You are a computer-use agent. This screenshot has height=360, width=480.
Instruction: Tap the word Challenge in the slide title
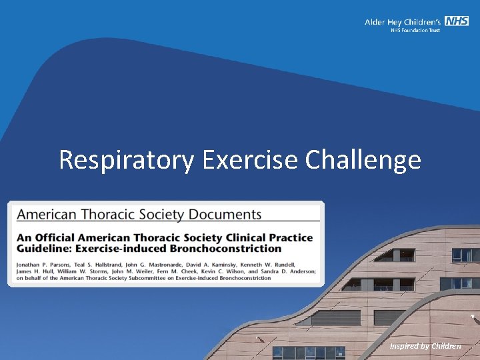click(363, 161)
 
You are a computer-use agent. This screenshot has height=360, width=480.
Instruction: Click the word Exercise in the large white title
click(251, 161)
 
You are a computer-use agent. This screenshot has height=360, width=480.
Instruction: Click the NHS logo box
click(457, 21)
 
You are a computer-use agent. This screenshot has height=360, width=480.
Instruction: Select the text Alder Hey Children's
click(403, 22)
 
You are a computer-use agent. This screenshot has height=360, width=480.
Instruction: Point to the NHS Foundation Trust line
click(415, 31)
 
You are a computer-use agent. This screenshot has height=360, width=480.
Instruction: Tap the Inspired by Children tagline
click(425, 345)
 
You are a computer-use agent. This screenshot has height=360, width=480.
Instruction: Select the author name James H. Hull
click(34, 271)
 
